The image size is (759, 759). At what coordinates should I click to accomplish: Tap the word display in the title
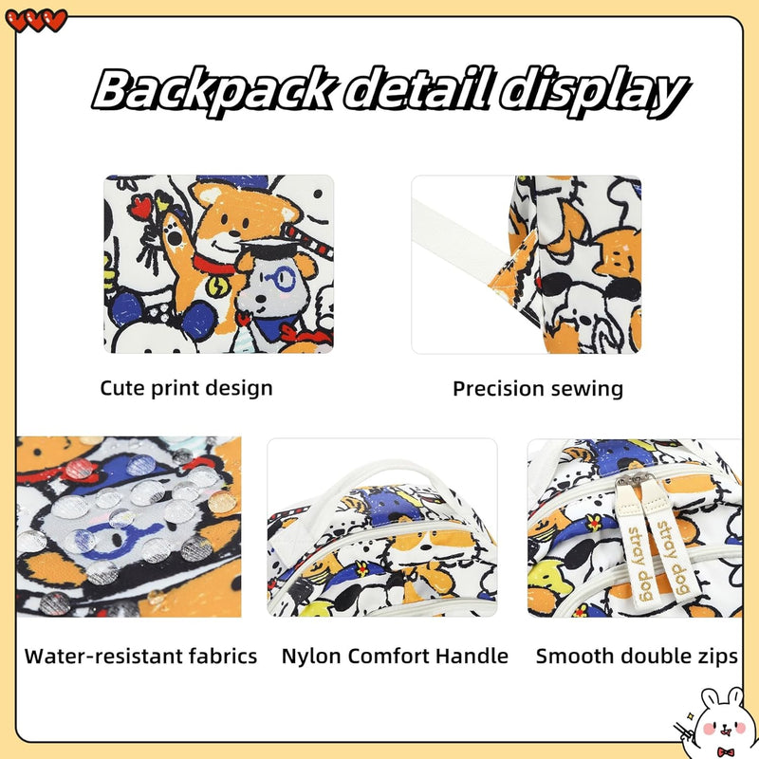pos(594,92)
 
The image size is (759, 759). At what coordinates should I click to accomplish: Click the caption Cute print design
pos(186,389)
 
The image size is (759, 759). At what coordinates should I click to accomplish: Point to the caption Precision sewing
pos(538,389)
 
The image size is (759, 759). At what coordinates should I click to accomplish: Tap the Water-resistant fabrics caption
pos(140,657)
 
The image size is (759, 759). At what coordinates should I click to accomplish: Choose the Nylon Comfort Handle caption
pos(395,657)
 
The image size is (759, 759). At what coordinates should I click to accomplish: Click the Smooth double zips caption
pos(637,657)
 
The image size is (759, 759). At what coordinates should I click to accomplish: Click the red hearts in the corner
pos(36,21)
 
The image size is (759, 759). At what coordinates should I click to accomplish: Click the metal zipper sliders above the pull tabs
pos(635,479)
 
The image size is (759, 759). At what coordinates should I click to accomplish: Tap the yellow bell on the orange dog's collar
pos(215,287)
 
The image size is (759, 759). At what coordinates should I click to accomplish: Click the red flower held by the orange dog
pos(143,206)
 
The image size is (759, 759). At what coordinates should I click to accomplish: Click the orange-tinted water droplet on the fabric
pos(222,503)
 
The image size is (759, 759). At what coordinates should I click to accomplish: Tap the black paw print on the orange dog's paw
pos(173,236)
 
